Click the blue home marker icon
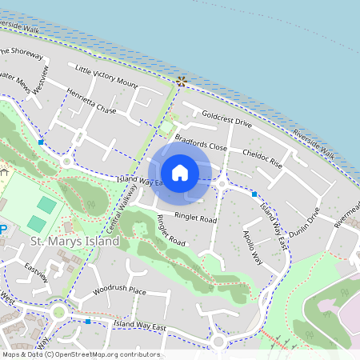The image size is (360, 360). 180,172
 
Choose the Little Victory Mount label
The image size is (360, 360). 106,76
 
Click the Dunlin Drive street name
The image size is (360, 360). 304,226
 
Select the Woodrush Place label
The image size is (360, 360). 119,290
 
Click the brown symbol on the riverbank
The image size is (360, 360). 182,81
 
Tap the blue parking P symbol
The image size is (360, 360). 2,230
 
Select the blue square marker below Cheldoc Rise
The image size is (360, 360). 254,194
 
